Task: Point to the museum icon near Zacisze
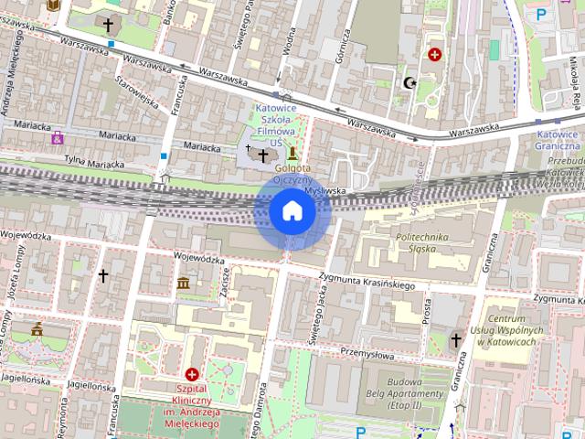pyautogui.click(x=184, y=283)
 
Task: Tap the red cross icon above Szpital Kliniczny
pyautogui.click(x=192, y=374)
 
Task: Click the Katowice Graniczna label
pyautogui.click(x=557, y=139)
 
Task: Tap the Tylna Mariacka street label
pyautogui.click(x=93, y=163)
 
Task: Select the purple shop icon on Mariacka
pyautogui.click(x=58, y=138)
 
